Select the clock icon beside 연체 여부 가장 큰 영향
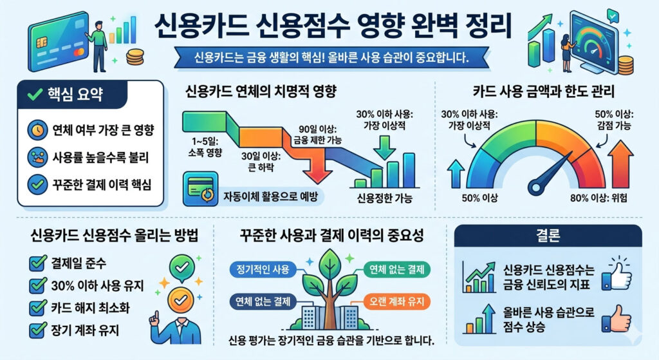pyautogui.click(x=36, y=129)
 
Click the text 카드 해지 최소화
pyautogui.click(x=89, y=308)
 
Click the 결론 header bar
pyautogui.click(x=548, y=235)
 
